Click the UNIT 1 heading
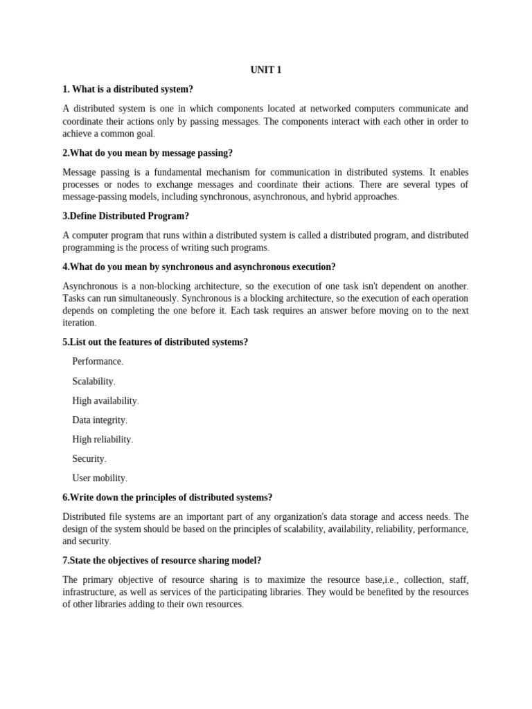point(265,70)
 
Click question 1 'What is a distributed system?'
point(128,89)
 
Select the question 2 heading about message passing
point(148,153)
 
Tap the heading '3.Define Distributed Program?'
point(125,216)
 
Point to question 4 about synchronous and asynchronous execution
point(199,267)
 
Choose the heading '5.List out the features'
point(155,342)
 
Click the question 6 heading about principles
point(167,497)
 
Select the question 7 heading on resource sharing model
point(162,560)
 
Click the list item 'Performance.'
point(98,361)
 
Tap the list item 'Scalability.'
point(94,381)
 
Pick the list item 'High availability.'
point(105,400)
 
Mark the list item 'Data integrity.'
point(100,420)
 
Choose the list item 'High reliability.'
point(103,439)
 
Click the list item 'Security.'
point(89,458)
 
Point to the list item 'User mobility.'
point(100,478)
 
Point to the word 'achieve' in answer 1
point(78,134)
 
